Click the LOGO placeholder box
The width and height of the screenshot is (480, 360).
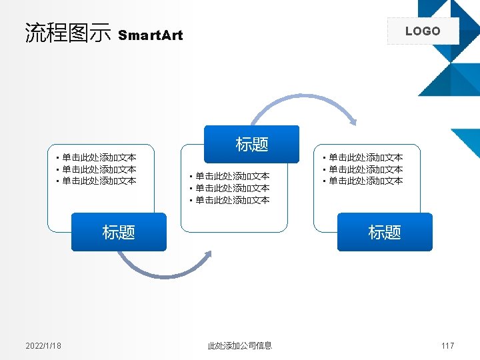click(x=423, y=31)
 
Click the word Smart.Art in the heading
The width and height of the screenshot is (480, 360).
click(x=150, y=35)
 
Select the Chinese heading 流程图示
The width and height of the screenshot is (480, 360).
click(x=67, y=33)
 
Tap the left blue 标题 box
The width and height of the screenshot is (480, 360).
click(x=119, y=232)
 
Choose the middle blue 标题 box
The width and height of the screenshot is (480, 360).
click(x=251, y=144)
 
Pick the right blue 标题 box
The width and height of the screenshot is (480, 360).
click(x=385, y=232)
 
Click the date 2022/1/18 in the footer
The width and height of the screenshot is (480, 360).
click(x=43, y=345)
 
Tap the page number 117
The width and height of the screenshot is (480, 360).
click(x=447, y=345)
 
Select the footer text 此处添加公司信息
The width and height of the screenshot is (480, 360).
click(x=240, y=345)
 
